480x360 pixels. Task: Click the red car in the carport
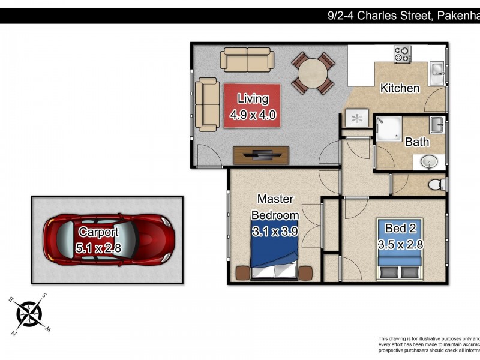[x=108, y=239]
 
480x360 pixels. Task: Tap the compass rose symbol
[x=28, y=314]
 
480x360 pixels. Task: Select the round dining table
[x=312, y=73]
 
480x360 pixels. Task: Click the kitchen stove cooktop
[x=402, y=55]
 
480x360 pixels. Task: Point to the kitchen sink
[x=437, y=73]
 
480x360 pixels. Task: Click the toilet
[x=437, y=184]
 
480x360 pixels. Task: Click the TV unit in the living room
[x=261, y=155]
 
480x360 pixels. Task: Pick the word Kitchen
[x=400, y=88]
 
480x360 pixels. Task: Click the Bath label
[x=417, y=142]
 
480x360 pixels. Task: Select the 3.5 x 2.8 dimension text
[x=401, y=244]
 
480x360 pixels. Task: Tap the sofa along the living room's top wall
[x=247, y=60]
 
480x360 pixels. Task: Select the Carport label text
[x=98, y=232]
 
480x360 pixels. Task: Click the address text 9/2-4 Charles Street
[x=379, y=16]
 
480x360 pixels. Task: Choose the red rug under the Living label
[x=253, y=106]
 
